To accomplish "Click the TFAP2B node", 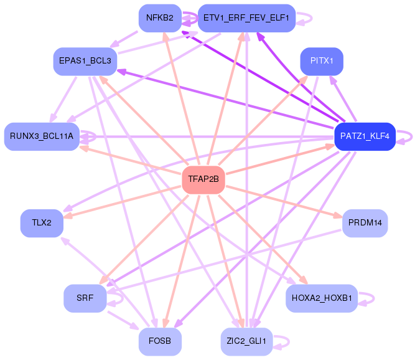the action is click(x=203, y=179).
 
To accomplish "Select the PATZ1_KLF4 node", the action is click(x=365, y=136).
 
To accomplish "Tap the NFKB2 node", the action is click(x=160, y=18).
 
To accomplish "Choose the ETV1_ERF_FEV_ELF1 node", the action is click(x=246, y=18).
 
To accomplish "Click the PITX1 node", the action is click(x=322, y=61).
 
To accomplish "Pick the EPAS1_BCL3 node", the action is click(x=85, y=61).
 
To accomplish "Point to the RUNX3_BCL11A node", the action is click(x=42, y=136).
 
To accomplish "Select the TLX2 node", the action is click(x=42, y=223).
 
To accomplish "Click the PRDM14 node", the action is click(x=365, y=223).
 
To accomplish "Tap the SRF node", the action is click(x=85, y=298).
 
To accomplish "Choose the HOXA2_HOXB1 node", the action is click(x=322, y=298).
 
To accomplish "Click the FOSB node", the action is click(x=160, y=341).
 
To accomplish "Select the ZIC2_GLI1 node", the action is click(x=246, y=341).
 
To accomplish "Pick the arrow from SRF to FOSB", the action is click(x=123, y=321).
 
